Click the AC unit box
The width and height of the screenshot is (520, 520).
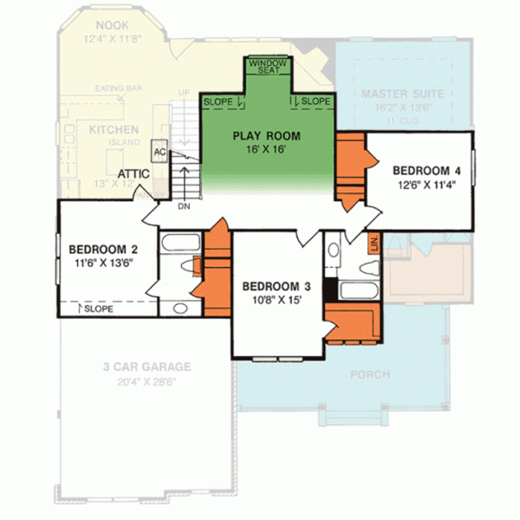[159, 152]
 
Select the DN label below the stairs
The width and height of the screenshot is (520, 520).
[183, 207]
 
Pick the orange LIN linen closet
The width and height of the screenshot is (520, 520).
[374, 244]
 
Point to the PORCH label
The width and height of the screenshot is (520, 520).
[370, 374]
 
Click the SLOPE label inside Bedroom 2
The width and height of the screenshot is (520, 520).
[98, 307]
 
